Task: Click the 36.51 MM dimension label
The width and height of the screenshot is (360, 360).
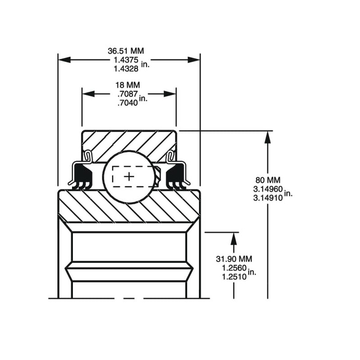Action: click(129, 51)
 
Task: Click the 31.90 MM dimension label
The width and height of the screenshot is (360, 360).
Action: click(234, 259)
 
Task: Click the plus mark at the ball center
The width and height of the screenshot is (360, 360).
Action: click(129, 176)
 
